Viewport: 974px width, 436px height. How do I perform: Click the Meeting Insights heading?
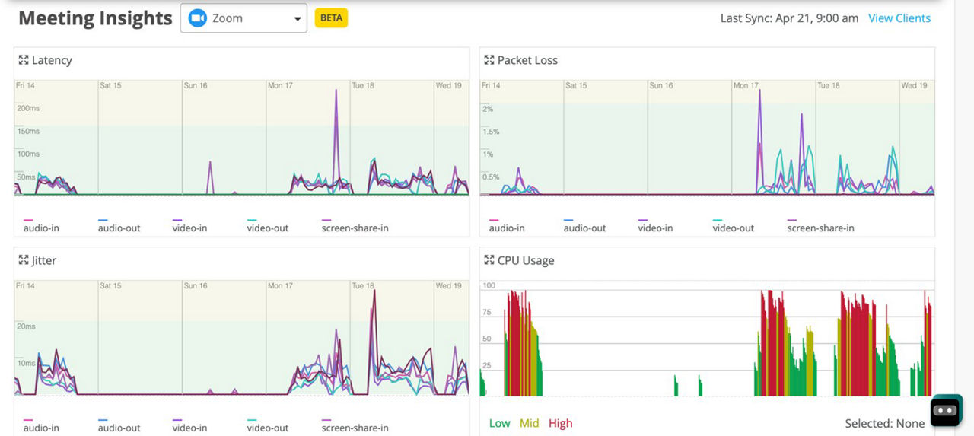pyautogui.click(x=95, y=18)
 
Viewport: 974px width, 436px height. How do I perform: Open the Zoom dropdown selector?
pyautogui.click(x=243, y=18)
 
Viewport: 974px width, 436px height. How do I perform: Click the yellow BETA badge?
pyautogui.click(x=331, y=18)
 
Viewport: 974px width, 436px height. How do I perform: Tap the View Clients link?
pyautogui.click(x=899, y=18)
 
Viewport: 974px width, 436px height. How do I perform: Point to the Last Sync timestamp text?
pyautogui.click(x=789, y=18)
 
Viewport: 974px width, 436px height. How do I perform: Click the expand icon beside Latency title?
pyautogui.click(x=24, y=60)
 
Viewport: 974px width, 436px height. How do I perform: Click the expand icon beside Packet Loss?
pyautogui.click(x=489, y=60)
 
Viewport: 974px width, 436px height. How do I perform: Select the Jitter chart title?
pyautogui.click(x=43, y=260)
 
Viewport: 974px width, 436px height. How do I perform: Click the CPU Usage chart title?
pyautogui.click(x=525, y=260)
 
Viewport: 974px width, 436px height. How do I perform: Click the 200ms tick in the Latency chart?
pyautogui.click(x=28, y=108)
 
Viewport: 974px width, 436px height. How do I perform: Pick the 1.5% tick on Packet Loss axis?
pyautogui.click(x=491, y=132)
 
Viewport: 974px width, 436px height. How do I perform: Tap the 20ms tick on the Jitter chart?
pyautogui.click(x=27, y=326)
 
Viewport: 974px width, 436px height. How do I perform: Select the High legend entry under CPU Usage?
pyautogui.click(x=560, y=423)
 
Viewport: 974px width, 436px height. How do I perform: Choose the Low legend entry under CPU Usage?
pyautogui.click(x=499, y=423)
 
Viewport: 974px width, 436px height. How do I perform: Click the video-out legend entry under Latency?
pyautogui.click(x=268, y=228)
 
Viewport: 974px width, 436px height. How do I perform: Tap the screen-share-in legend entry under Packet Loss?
pyautogui.click(x=820, y=228)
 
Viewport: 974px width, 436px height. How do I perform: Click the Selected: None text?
pyautogui.click(x=884, y=423)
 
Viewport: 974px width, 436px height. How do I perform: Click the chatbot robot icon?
pyautogui.click(x=946, y=410)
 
